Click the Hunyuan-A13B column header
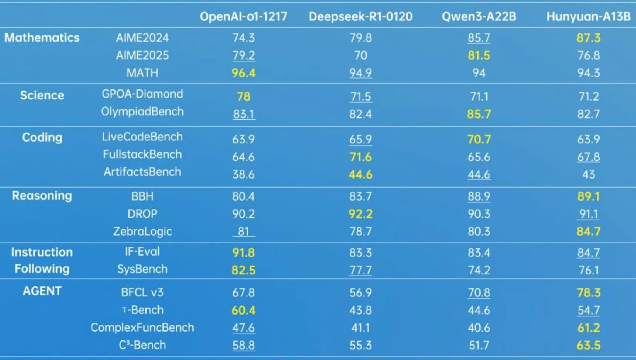coord(588,17)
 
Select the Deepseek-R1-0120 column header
coord(360,17)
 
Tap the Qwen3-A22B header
coord(479,17)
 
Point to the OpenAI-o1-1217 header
coord(243,17)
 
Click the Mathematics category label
coord(42,38)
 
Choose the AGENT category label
coord(42,291)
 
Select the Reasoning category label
coord(42,196)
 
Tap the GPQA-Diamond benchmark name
coord(142,94)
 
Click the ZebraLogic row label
coord(142,232)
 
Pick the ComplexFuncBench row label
coord(142,328)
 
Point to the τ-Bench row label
coord(142,310)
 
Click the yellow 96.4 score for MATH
coord(243,73)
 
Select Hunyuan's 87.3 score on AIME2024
coord(588,38)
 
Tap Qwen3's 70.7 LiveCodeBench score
coord(479,139)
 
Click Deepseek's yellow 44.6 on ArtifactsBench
coord(360,175)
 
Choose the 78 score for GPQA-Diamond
coord(243,97)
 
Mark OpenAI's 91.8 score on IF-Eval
coord(243,253)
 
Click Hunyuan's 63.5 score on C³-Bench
coord(588,346)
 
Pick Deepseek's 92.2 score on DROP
coord(360,214)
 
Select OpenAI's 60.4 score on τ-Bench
coord(243,310)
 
